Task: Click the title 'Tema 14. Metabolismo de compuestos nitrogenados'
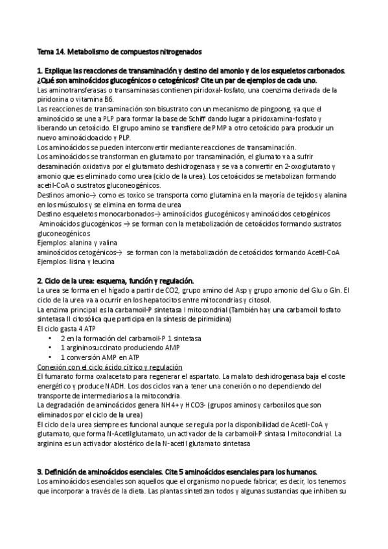coord(119,50)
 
